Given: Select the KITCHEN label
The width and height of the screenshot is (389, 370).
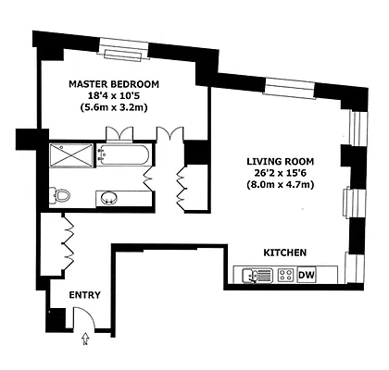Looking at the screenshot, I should [x=285, y=253].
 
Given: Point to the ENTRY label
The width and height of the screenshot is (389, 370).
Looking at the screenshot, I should [x=84, y=295].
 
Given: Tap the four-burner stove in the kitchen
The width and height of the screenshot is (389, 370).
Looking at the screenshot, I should [x=285, y=275].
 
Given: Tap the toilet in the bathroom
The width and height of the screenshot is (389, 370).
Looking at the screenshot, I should [x=61, y=195].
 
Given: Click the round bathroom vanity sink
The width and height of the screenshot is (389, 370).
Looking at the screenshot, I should [x=108, y=197].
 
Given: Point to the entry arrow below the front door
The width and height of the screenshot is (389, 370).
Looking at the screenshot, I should [x=86, y=340].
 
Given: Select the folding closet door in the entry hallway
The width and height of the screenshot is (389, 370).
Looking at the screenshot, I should [x=67, y=240].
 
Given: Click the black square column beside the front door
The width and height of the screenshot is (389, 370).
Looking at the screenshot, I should [x=56, y=320].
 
